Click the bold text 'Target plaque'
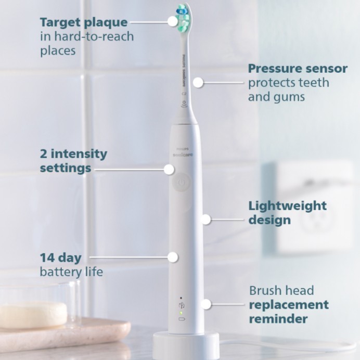pos(84,22)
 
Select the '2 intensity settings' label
pos(73,161)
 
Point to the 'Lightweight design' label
pos(287,212)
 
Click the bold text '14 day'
pos(61,257)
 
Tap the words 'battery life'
pos(71,272)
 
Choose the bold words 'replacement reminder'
pos(289,311)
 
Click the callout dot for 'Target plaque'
pos(172,21)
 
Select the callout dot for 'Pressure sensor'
pos(198,82)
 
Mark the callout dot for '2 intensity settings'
pos(169,169)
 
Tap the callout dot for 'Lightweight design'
pos(206,220)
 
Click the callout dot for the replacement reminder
pos(207,304)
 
